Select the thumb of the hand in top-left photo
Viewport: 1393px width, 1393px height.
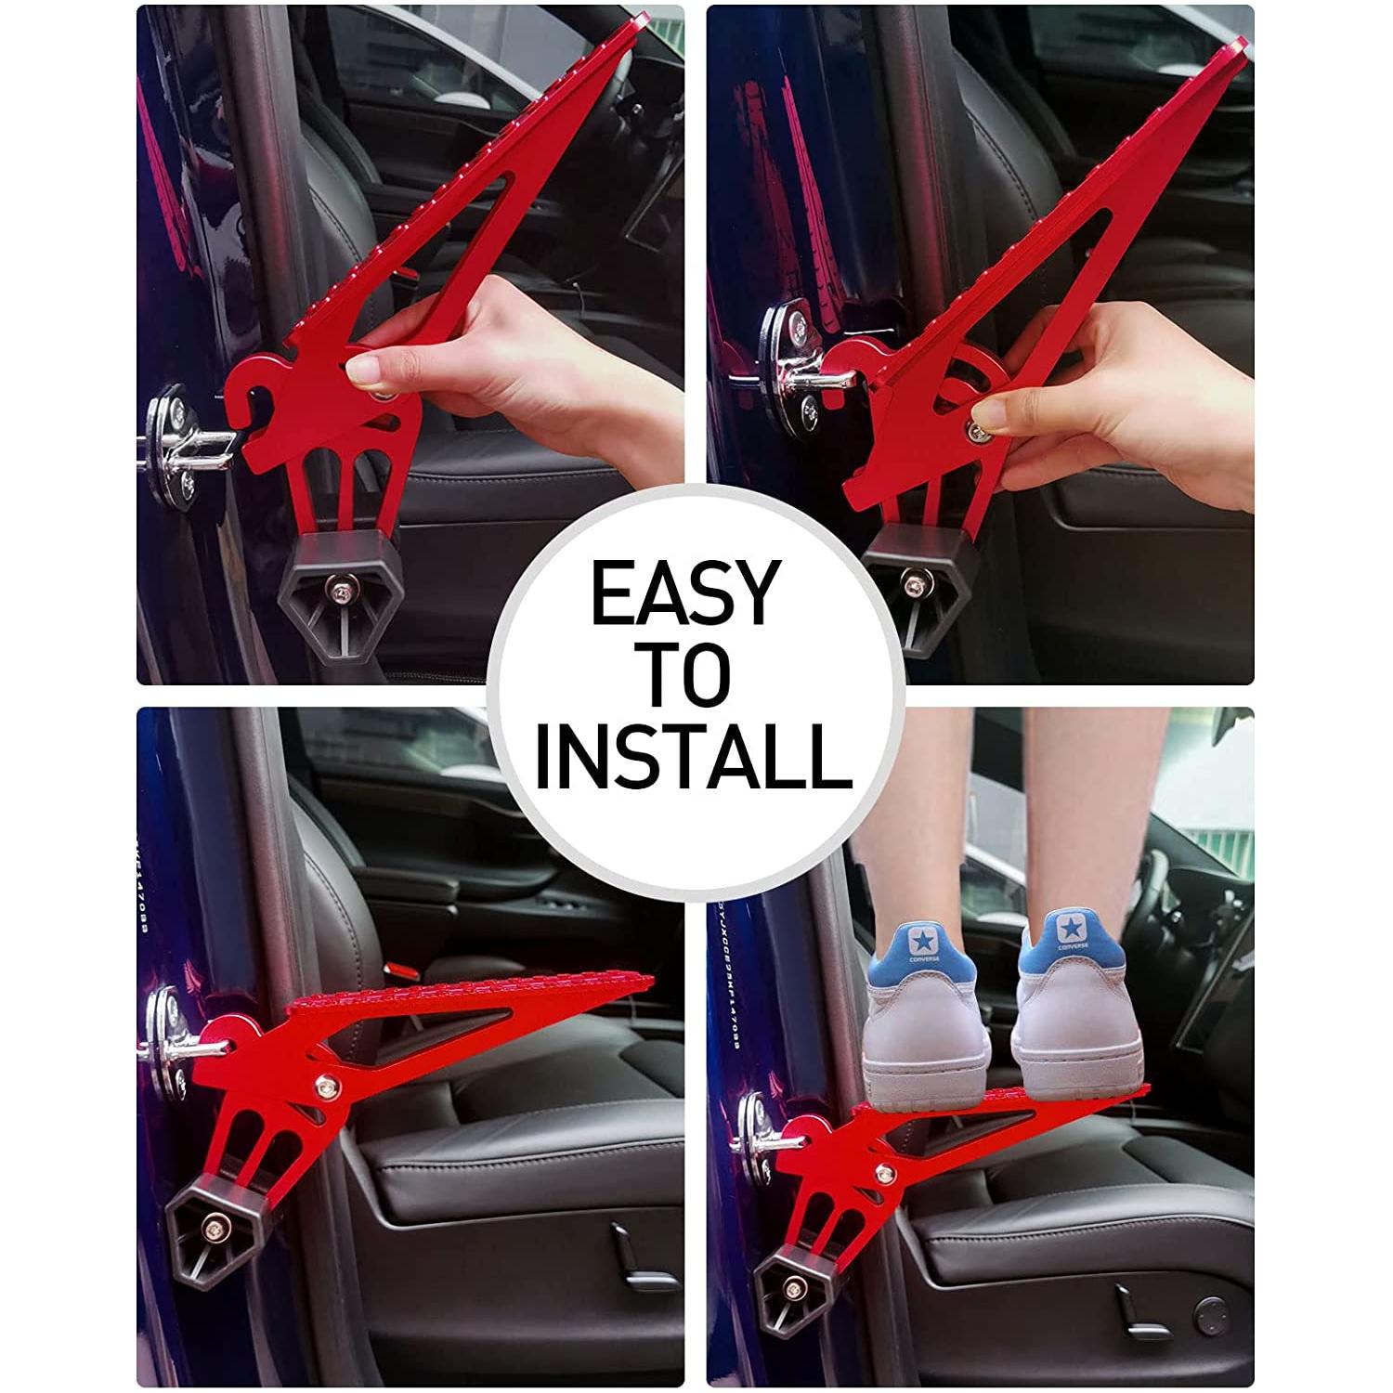pyautogui.click(x=371, y=373)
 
